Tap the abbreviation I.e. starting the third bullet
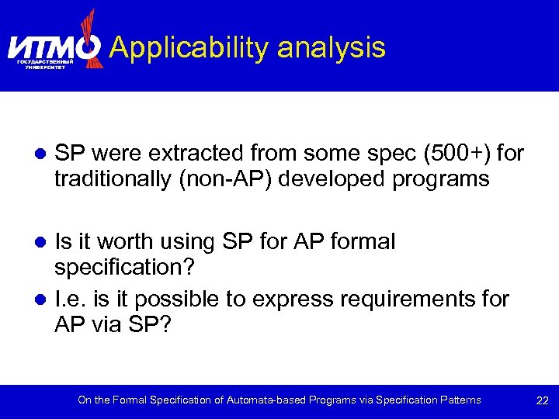click(x=70, y=299)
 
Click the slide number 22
click(x=542, y=400)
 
